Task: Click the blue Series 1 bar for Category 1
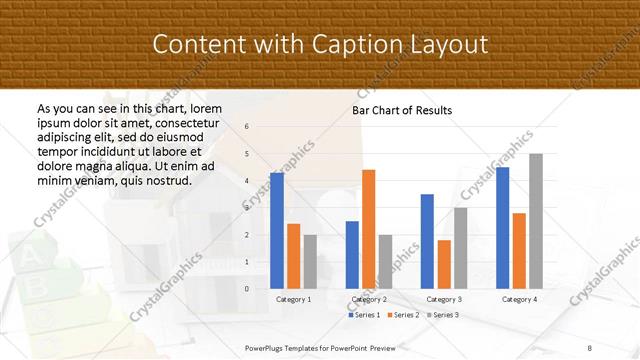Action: click(x=277, y=231)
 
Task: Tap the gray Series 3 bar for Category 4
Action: click(x=536, y=221)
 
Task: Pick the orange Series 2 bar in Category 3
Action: click(x=444, y=264)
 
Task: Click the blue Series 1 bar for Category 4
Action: click(x=503, y=228)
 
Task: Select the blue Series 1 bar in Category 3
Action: click(x=428, y=241)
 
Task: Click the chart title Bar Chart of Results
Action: click(x=402, y=110)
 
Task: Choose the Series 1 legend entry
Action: click(x=363, y=315)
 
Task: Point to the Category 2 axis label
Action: click(x=368, y=299)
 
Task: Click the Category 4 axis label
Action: click(x=519, y=299)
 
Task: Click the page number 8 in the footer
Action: click(x=590, y=346)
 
